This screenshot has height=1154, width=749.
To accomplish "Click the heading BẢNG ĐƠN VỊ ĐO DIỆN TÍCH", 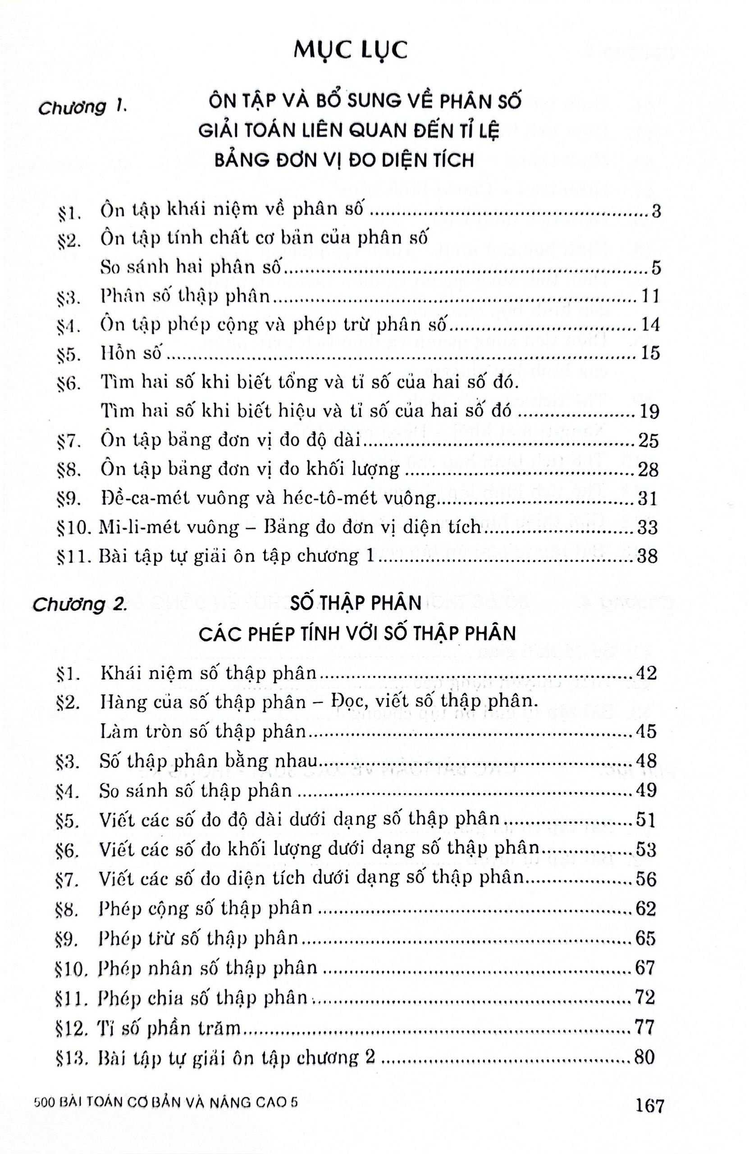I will point(344,160).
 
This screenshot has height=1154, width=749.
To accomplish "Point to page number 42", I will point(645,673).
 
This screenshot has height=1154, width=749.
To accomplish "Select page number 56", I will point(645,879).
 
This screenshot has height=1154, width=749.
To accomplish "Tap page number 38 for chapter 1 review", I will point(647,556).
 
